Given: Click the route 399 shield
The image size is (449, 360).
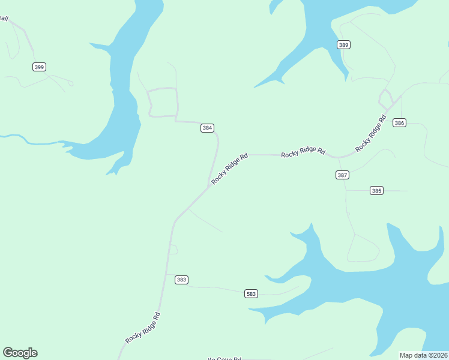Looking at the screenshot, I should click(39, 67).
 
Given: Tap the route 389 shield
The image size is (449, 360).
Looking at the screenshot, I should click(343, 45).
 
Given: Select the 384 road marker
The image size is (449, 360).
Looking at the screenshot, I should click(207, 128).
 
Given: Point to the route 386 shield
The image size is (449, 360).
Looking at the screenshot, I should click(400, 122).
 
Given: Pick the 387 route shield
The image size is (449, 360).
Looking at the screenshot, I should click(342, 175).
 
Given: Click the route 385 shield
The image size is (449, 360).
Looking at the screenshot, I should click(376, 191).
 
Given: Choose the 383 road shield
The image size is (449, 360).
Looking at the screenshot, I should click(182, 280).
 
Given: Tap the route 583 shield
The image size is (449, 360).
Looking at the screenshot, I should click(252, 293).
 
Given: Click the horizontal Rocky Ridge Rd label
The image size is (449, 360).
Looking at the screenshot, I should click(303, 152).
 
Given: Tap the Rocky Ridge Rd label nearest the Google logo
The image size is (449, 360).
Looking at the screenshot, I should click(143, 328).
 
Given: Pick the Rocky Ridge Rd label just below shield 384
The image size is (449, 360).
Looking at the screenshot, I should click(229, 169).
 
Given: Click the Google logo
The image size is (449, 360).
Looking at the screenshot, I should click(20, 353).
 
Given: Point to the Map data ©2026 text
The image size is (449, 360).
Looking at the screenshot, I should click(423, 355).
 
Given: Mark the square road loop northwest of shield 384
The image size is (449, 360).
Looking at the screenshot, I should click(163, 102).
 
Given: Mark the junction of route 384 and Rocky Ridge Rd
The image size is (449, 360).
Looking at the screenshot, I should click(209, 185).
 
